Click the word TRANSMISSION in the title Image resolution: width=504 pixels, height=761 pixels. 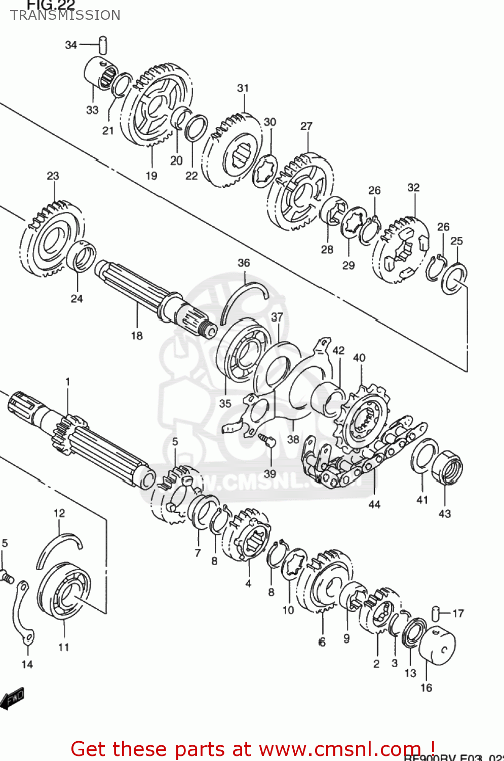[65, 15]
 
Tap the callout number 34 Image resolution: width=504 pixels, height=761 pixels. [71, 45]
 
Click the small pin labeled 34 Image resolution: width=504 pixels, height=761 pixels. [103, 44]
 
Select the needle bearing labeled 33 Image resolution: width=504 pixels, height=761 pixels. [100, 75]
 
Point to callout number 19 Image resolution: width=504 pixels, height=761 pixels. [151, 176]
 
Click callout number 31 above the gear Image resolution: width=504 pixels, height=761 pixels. [243, 88]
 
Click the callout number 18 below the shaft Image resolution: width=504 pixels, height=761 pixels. [137, 336]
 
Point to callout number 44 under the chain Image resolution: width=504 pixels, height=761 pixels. [374, 504]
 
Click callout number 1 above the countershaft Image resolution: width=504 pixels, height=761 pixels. [67, 382]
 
